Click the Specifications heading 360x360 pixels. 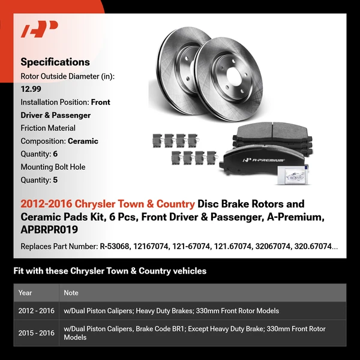55,62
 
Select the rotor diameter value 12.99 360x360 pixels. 31,89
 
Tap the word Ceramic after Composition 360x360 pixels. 83,141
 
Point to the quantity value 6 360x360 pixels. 55,154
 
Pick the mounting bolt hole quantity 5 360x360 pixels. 55,180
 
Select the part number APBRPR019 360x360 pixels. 49,230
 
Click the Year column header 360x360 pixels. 25,293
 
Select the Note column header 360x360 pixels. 71,293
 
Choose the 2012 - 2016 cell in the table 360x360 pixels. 36,311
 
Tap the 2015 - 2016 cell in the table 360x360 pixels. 36,332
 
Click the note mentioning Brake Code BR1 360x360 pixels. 195,332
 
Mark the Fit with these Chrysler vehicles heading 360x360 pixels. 110,271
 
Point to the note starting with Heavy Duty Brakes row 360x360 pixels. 171,311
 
